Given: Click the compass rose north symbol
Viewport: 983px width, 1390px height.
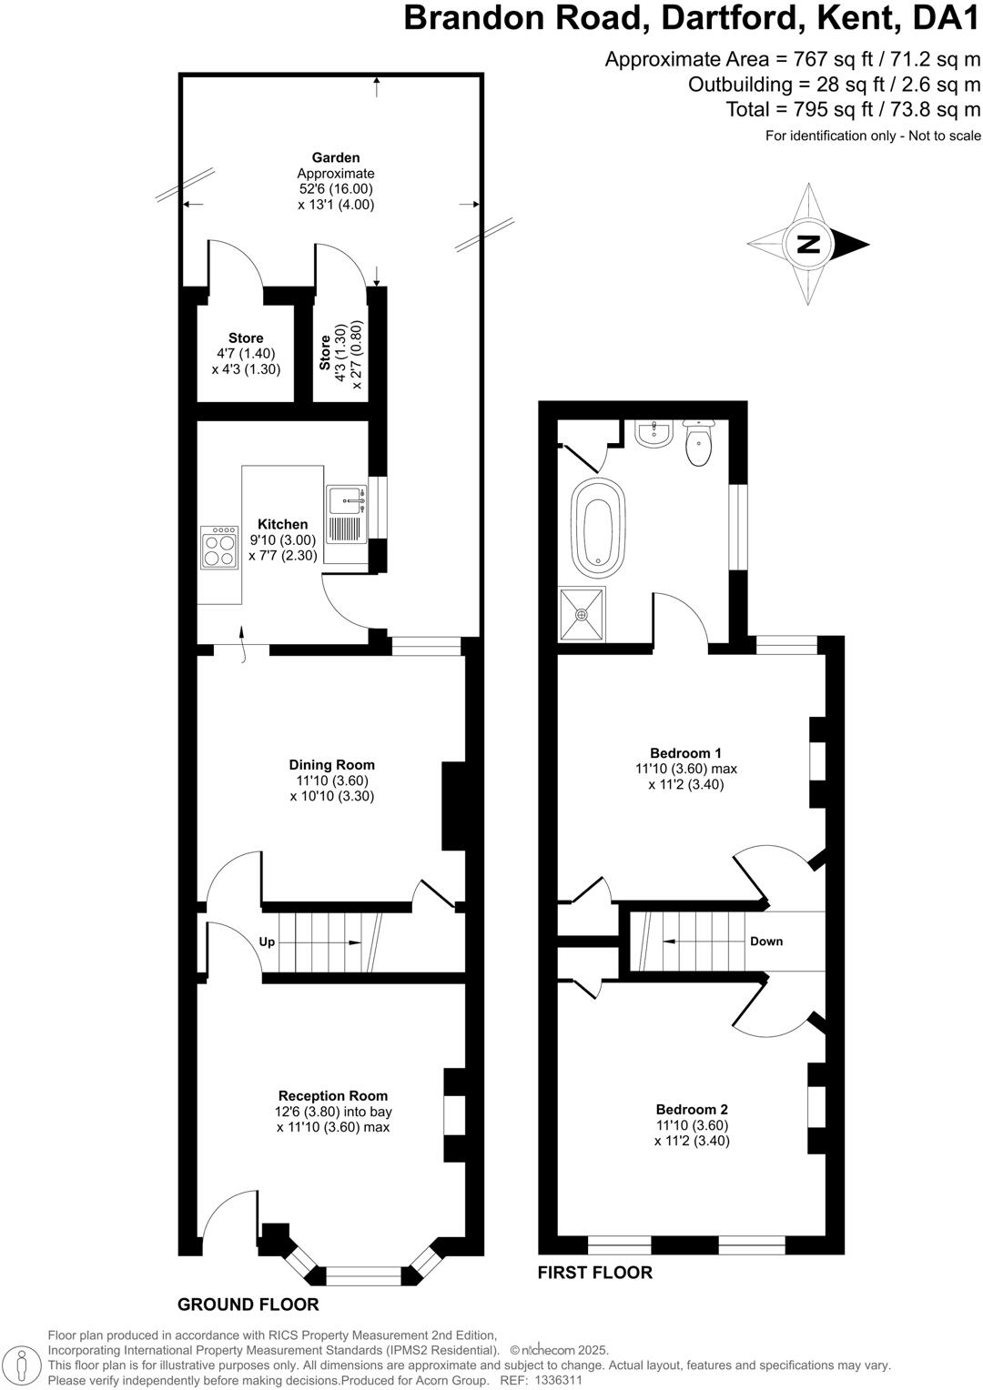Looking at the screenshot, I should (x=807, y=244).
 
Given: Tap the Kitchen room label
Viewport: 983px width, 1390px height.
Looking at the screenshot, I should (x=282, y=524).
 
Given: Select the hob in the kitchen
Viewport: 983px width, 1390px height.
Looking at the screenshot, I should (x=218, y=548).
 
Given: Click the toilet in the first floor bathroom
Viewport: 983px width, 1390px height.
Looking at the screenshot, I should (x=697, y=443).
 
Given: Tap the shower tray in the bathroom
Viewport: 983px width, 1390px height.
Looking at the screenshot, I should (x=581, y=613).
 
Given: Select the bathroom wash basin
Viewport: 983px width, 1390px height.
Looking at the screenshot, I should (x=652, y=434).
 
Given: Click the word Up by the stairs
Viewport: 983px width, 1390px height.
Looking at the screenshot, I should (x=267, y=942).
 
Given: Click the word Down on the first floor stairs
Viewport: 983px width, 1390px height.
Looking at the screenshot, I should (x=766, y=941).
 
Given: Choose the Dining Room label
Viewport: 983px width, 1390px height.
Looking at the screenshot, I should (x=331, y=765).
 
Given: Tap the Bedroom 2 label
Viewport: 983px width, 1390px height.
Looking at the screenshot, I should (x=692, y=1109).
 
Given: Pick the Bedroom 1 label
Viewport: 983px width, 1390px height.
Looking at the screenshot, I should (x=685, y=752).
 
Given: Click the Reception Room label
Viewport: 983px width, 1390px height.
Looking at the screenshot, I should (x=332, y=1095).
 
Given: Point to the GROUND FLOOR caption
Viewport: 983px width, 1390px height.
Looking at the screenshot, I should (x=248, y=1304).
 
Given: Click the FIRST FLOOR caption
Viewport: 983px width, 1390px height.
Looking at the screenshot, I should (x=594, y=1272).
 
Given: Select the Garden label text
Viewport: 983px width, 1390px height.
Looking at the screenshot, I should (x=336, y=157).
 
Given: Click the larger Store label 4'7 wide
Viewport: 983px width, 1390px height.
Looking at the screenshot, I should (x=246, y=337).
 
